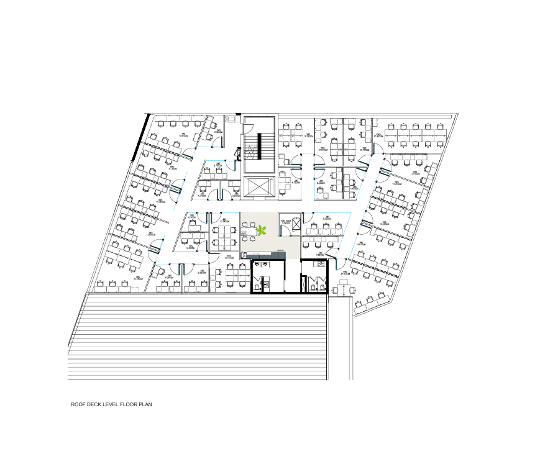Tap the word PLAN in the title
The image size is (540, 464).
pos(145,404)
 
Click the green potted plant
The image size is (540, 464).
pos(262,230)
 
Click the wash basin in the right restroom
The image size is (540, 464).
pos(321,263)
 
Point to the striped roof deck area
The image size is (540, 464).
pos(199,335)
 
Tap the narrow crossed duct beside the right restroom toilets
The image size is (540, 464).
pos(303,284)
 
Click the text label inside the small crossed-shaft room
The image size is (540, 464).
pos(285,222)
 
